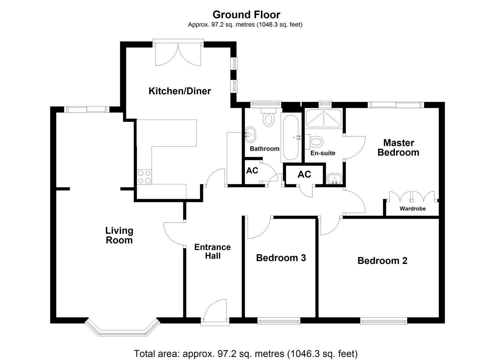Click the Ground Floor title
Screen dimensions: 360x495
tap(246, 15)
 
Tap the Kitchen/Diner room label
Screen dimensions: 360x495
tap(180, 91)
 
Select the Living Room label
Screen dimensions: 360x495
tap(119, 235)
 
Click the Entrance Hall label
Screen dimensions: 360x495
tap(213, 252)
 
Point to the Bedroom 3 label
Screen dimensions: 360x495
tap(281, 258)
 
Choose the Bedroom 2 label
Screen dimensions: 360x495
tap(382, 261)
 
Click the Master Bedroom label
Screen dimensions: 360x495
tap(398, 148)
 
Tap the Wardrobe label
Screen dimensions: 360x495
tap(413, 209)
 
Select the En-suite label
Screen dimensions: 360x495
tap(323, 153)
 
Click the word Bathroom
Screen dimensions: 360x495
tap(264, 149)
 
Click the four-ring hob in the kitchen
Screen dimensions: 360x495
tap(144, 177)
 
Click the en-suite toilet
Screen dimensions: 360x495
tap(315, 141)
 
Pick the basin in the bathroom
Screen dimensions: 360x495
tap(250, 133)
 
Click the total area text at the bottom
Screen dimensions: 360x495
tap(246, 353)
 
